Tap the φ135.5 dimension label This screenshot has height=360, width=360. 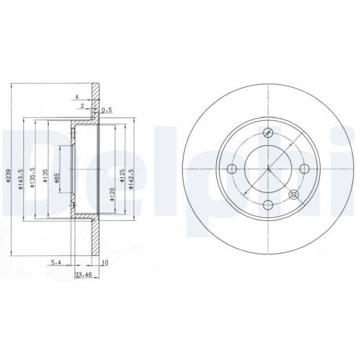(x=34, y=179)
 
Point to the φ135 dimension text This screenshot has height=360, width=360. (x=46, y=177)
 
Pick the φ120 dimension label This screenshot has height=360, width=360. (x=113, y=193)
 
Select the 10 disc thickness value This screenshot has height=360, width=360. (x=105, y=262)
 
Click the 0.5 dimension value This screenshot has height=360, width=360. (x=107, y=110)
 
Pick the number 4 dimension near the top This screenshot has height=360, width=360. (x=77, y=95)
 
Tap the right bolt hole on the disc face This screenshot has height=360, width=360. (x=304, y=168)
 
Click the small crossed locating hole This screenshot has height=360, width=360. (x=294, y=195)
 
